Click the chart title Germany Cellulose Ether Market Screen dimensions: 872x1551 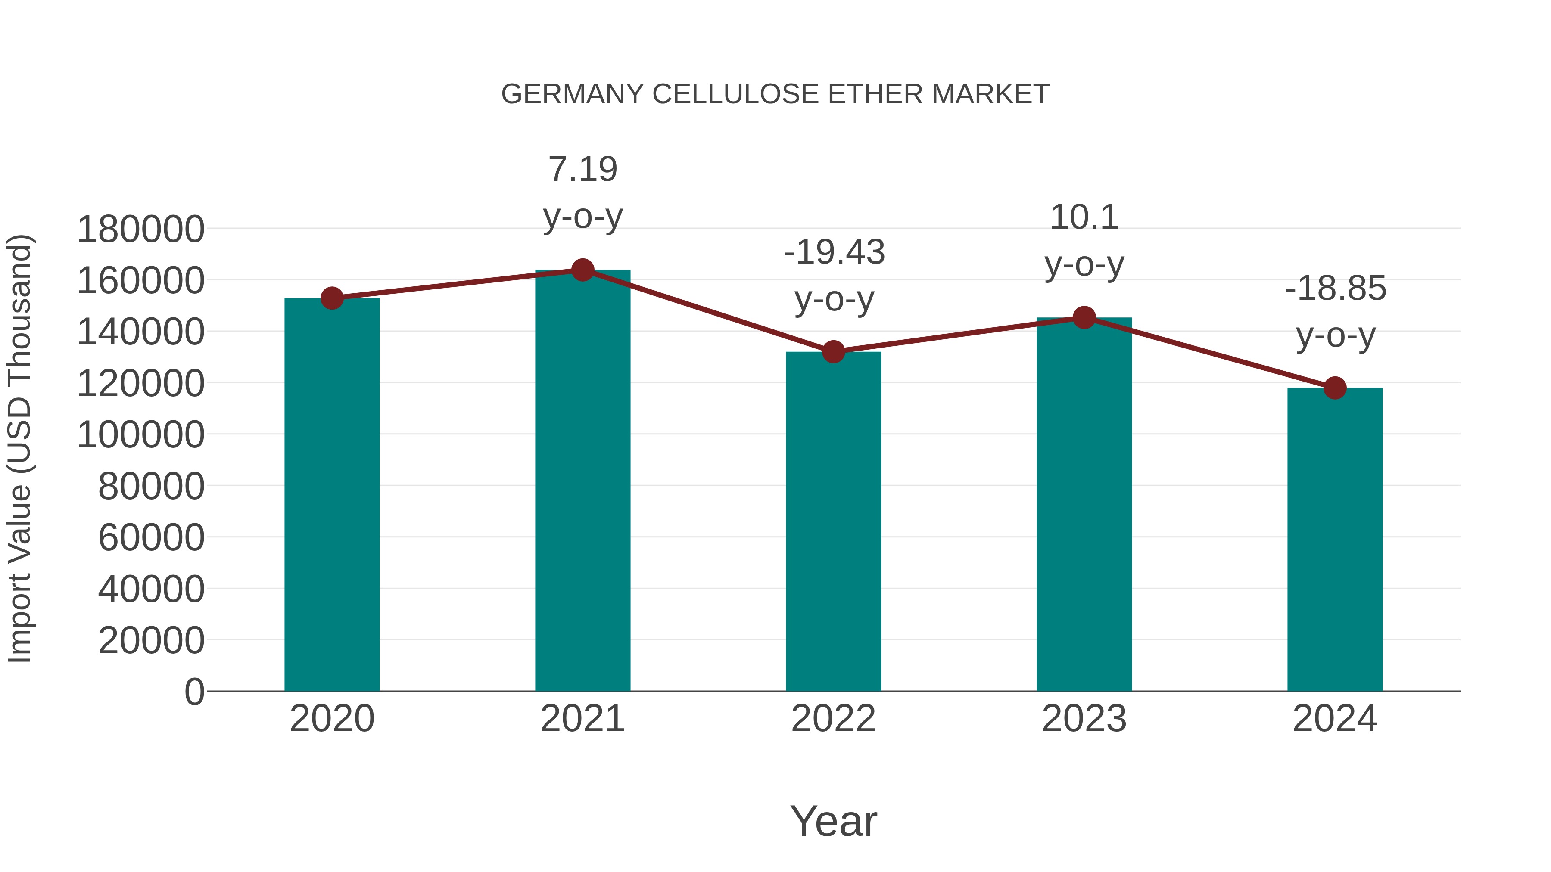click(775, 94)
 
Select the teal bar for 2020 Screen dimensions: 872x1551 click(332, 493)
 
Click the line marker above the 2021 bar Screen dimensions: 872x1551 click(582, 270)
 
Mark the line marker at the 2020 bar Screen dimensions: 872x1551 click(332, 298)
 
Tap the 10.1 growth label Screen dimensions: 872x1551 click(1084, 240)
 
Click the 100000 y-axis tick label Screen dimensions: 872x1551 click(141, 434)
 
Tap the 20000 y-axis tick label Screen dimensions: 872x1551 click(151, 640)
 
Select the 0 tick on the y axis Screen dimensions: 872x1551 click(194, 692)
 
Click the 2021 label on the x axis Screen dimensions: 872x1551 click(582, 719)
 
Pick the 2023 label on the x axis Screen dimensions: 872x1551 click(1084, 719)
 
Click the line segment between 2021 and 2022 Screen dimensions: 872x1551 click(708, 310)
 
